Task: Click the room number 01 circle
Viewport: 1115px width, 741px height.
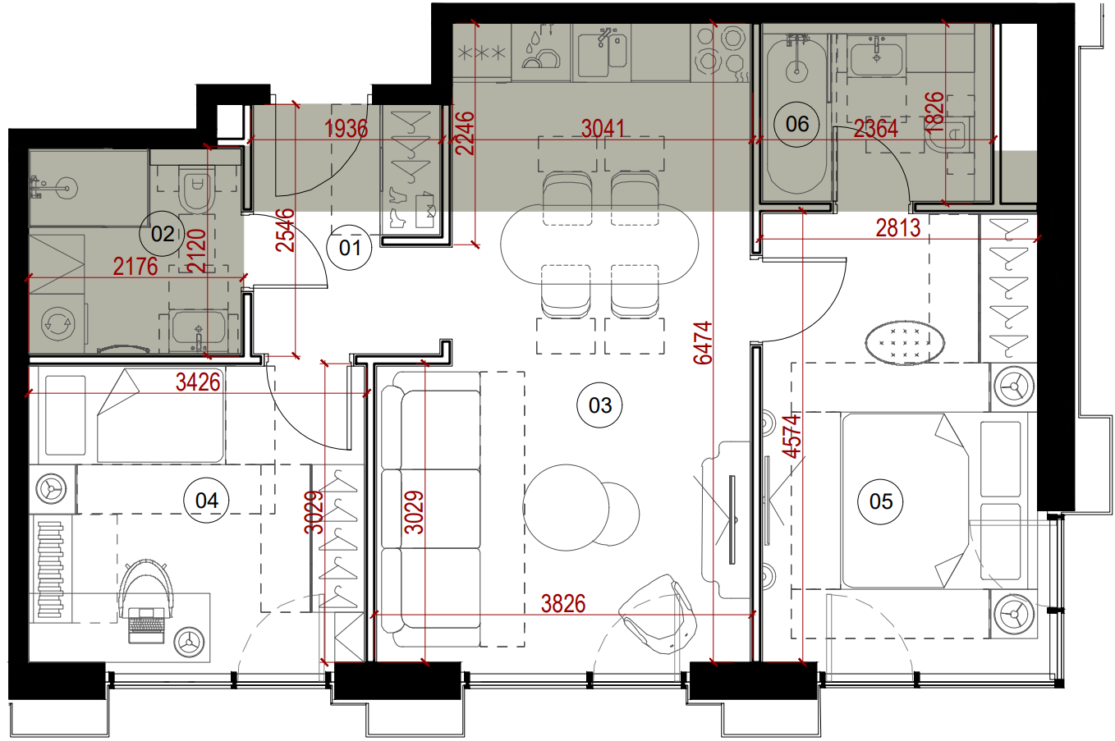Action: point(350,247)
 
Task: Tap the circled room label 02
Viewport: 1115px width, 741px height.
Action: point(163,234)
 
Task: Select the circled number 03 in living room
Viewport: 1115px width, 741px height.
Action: point(600,405)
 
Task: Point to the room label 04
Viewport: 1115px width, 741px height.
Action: point(207,500)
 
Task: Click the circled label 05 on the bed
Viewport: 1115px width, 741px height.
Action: point(880,501)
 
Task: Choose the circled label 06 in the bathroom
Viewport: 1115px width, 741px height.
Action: point(797,124)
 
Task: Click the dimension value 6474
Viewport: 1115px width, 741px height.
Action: point(703,343)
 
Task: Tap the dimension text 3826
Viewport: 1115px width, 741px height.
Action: point(563,604)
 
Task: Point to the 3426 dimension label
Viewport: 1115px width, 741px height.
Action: point(198,382)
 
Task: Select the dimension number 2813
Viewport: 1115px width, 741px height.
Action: point(898,228)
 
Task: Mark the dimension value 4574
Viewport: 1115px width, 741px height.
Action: point(792,436)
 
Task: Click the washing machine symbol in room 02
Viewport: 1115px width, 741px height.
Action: point(57,324)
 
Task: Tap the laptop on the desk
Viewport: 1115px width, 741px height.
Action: point(146,625)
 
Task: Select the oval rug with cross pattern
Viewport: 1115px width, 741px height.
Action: point(905,343)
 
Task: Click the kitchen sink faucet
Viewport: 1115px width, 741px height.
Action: point(604,37)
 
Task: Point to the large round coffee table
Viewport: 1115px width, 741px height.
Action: point(566,508)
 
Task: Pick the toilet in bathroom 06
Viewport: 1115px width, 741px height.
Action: point(950,135)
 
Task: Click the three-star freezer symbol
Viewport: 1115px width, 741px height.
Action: point(481,53)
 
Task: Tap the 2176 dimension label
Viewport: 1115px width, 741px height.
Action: point(135,266)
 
